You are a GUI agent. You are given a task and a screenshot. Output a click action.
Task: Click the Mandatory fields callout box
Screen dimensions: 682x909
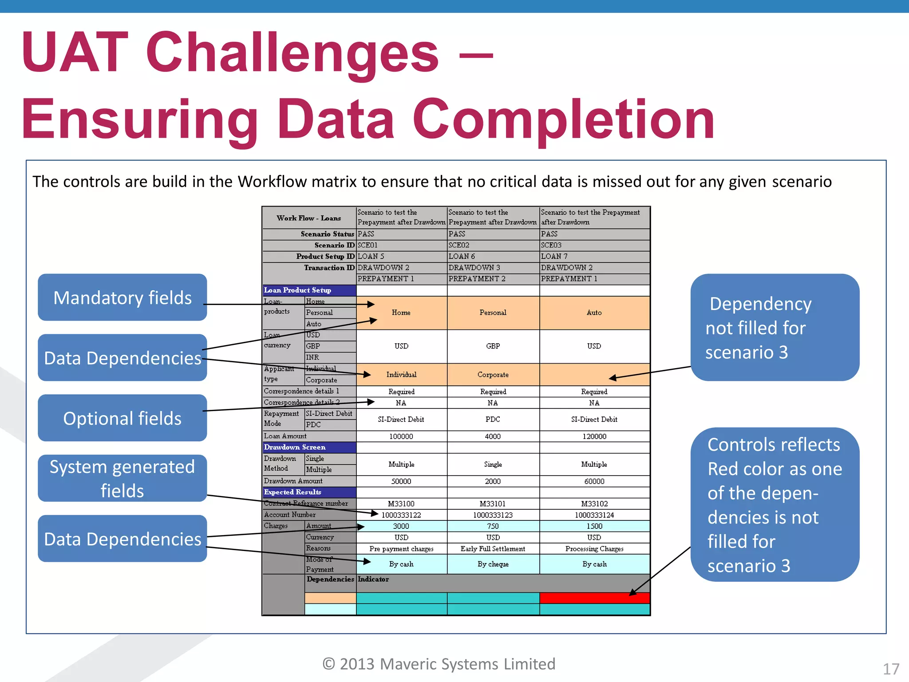(x=122, y=297)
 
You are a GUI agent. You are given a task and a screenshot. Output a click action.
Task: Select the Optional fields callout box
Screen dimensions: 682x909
(x=122, y=418)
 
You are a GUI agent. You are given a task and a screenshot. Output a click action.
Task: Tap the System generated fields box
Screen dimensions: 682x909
(x=122, y=479)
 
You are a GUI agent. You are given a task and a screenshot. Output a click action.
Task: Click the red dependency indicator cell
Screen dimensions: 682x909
(x=594, y=598)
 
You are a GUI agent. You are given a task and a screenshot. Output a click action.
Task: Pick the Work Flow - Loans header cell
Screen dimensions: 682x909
(x=309, y=218)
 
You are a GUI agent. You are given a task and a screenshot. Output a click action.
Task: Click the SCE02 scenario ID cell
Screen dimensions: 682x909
(x=459, y=245)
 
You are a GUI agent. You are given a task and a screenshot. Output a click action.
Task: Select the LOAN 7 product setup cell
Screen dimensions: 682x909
(x=554, y=256)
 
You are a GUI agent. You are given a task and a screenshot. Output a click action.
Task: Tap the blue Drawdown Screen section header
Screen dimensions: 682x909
(x=309, y=447)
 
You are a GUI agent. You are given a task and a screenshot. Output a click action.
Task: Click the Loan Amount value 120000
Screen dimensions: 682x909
(x=594, y=436)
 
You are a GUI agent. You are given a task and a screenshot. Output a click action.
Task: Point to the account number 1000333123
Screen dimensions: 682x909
(x=493, y=515)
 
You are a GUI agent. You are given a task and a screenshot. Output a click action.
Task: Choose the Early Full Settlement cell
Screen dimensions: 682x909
(x=493, y=549)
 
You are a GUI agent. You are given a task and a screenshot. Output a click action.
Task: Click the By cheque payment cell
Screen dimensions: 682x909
(x=493, y=564)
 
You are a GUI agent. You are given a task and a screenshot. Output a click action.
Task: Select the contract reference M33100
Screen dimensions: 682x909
(x=401, y=504)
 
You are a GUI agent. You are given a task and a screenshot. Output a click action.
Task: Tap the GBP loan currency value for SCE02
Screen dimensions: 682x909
(x=493, y=346)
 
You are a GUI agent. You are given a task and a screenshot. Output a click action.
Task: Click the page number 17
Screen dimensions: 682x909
(x=891, y=669)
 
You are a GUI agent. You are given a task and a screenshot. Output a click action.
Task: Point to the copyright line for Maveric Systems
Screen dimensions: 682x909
(x=439, y=664)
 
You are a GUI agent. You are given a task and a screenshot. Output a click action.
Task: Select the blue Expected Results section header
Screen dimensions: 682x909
(x=309, y=492)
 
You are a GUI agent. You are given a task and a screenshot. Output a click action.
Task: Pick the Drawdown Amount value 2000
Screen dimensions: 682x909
(x=493, y=481)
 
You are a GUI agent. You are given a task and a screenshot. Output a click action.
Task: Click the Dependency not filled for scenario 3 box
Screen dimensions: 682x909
(x=775, y=328)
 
